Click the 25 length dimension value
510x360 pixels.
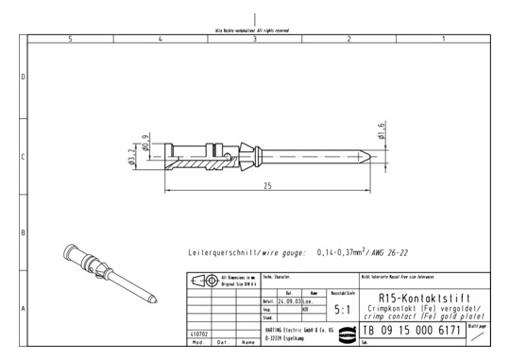coord(267,186)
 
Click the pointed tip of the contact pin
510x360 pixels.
coord(365,156)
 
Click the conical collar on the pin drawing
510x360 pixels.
coord(251,155)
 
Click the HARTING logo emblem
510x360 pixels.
coord(342,332)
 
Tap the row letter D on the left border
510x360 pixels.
coord(24,77)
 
